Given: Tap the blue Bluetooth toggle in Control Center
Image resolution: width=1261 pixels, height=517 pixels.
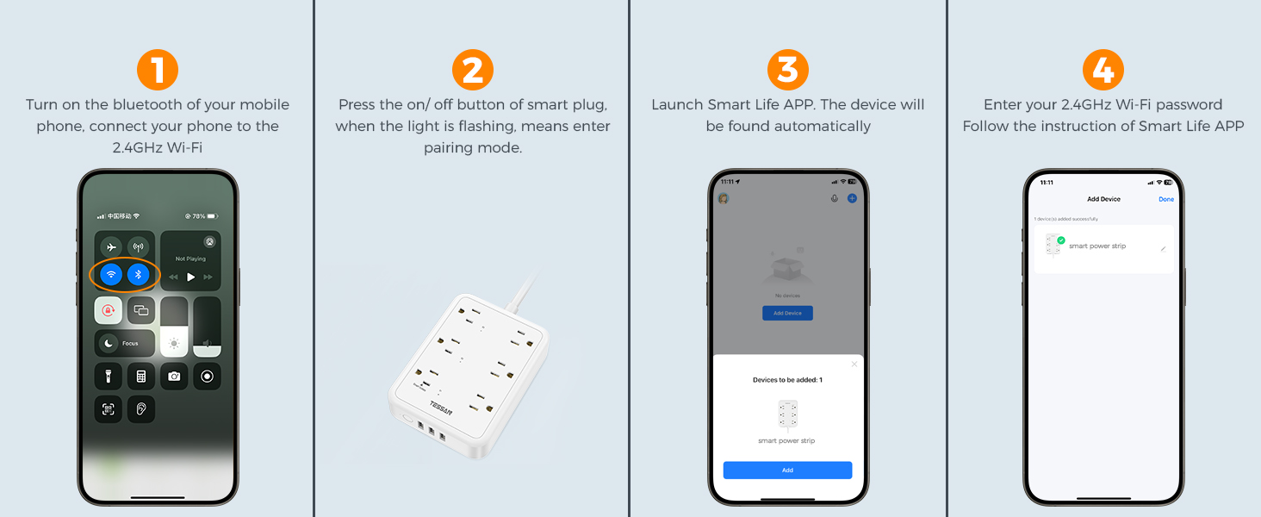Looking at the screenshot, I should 139,275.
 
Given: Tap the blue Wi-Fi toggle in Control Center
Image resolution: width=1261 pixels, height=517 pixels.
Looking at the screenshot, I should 110,275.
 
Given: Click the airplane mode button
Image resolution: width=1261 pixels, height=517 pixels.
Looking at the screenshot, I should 110,247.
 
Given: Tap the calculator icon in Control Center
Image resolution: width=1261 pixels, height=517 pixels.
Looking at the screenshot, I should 141,377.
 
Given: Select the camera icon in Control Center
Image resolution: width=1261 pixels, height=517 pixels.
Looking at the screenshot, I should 174,377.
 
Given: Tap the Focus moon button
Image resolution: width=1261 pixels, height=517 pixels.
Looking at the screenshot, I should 109,343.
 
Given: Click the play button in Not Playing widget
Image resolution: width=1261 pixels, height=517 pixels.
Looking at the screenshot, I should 190,277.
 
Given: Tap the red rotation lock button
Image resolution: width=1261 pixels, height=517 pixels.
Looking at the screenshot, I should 109,310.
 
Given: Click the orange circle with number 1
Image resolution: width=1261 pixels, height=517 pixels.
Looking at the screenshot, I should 158,71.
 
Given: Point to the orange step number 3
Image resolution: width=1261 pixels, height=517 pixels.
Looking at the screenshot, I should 787,71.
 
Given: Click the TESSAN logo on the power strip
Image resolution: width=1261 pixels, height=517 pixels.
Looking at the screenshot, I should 440,407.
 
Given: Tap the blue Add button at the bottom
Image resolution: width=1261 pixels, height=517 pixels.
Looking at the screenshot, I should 787,470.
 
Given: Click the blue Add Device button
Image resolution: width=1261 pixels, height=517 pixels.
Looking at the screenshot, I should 787,313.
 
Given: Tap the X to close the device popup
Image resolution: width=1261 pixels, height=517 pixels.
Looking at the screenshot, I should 854,364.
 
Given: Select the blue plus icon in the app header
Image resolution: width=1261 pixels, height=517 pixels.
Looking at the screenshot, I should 852,198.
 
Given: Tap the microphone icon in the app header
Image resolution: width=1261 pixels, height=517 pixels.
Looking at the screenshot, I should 834,198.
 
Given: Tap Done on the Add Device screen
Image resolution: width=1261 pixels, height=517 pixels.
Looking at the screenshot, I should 1165,199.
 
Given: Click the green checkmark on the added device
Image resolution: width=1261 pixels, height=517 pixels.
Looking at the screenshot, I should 1061,240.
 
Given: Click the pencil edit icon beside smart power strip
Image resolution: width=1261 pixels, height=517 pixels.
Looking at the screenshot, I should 1163,248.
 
